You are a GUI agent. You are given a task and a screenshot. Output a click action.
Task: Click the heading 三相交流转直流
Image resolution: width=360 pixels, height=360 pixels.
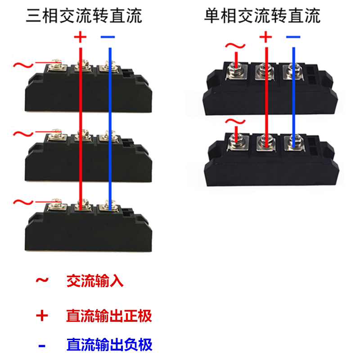[84, 16]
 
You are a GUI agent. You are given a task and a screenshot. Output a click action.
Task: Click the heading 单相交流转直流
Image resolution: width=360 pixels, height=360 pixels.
[263, 16]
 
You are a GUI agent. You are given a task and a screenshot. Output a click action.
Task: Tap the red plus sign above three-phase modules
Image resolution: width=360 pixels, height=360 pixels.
[80, 36]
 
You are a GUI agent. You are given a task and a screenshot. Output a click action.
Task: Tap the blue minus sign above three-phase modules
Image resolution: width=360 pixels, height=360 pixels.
[108, 36]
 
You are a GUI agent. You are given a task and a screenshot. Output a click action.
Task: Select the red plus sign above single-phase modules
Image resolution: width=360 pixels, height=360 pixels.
[266, 36]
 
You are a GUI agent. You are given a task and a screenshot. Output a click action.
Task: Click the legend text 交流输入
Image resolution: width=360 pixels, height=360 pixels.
[94, 282]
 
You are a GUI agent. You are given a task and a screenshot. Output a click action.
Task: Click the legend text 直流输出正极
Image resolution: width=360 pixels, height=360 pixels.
[109, 315]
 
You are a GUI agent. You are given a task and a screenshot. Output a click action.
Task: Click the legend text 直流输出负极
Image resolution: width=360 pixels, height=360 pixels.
[109, 345]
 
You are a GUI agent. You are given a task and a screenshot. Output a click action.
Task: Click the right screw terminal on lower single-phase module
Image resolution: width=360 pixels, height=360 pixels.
[294, 144]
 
